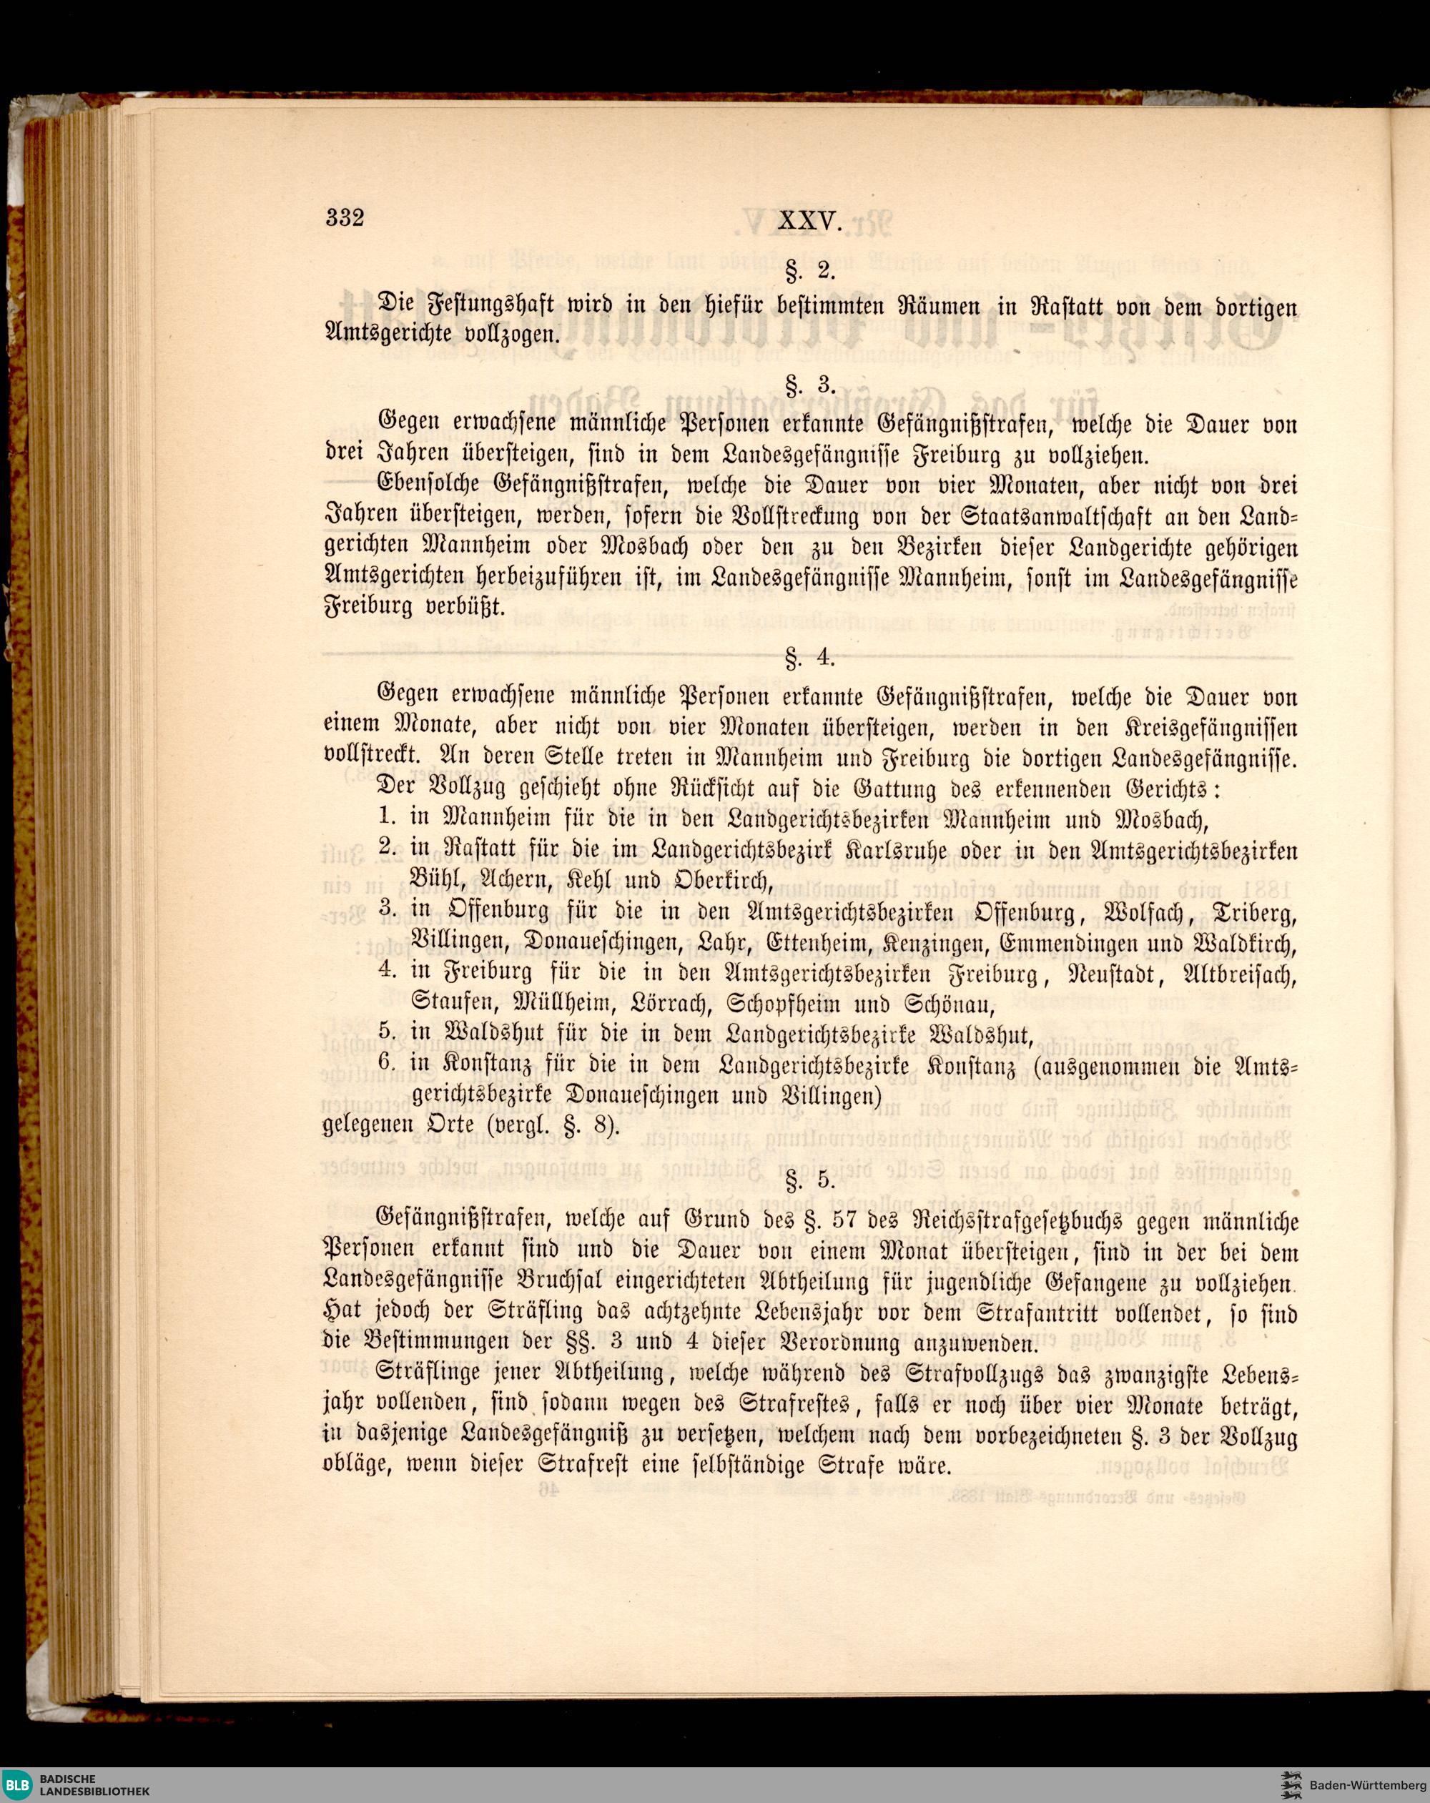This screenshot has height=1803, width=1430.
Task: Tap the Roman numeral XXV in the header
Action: tap(809, 221)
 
